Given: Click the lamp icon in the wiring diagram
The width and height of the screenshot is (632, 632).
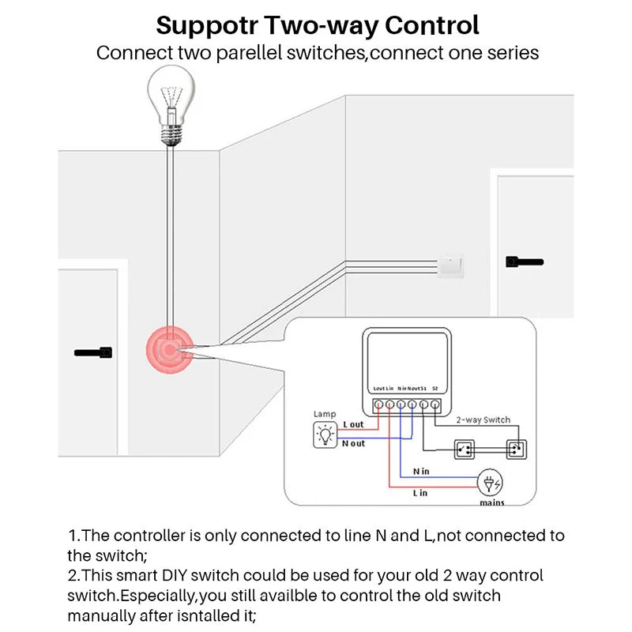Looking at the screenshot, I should coord(325,434).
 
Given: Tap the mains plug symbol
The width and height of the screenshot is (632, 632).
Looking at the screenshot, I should coord(490,483).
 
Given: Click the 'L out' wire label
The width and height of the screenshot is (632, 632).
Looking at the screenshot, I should coord(353,425).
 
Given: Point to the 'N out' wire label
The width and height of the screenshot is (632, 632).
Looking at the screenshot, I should coord(353,443).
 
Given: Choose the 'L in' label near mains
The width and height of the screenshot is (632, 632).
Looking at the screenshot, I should coord(419,493).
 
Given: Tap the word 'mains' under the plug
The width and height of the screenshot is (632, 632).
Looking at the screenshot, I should coord(491,502).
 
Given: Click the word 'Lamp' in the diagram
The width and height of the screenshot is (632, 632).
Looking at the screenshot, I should coord(325,414).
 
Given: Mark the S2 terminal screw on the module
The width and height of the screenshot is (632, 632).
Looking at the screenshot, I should coord(435,405).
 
